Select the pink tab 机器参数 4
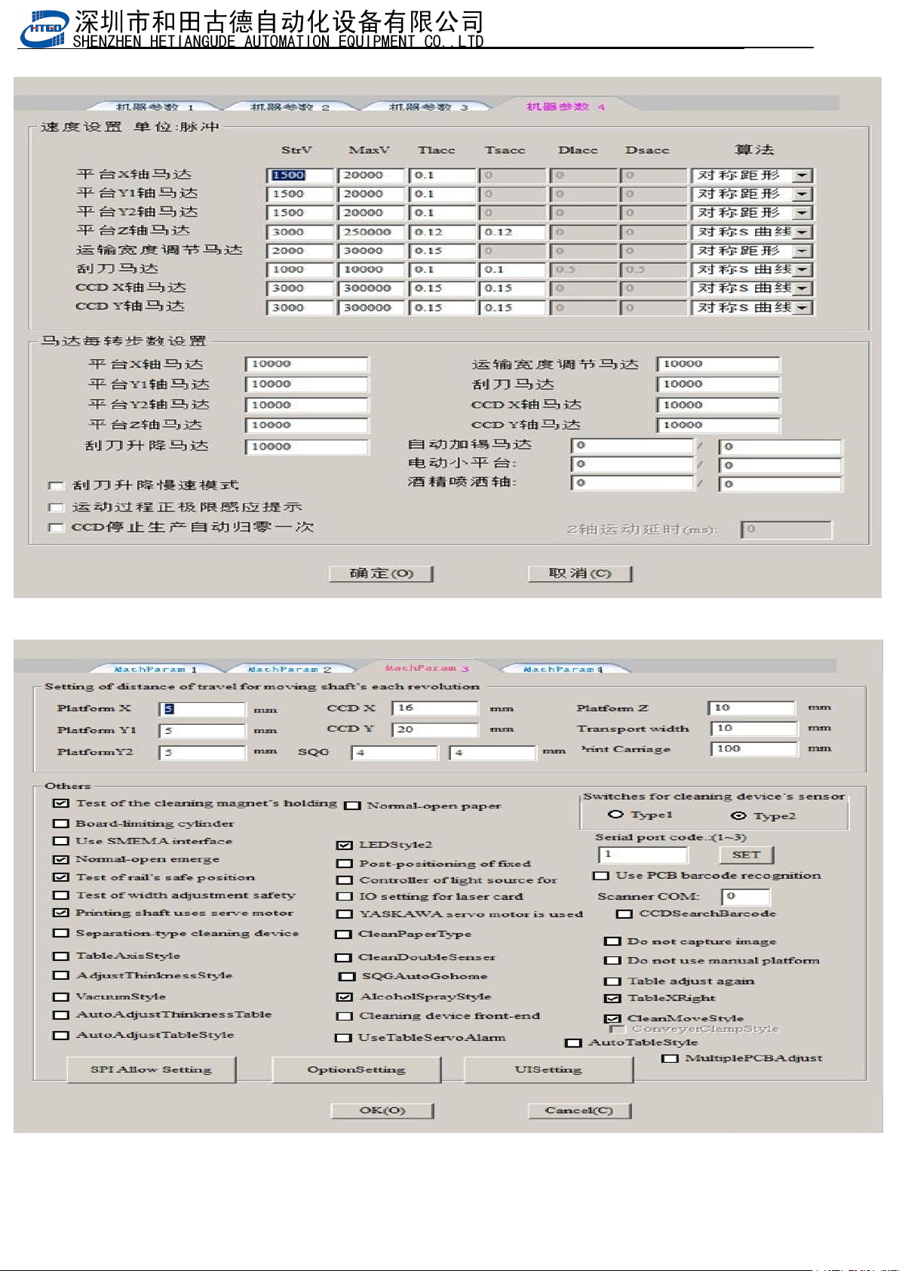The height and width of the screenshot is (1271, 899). [x=565, y=106]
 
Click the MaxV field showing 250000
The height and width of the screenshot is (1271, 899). [x=370, y=232]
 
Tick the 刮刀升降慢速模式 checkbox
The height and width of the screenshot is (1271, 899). [x=56, y=486]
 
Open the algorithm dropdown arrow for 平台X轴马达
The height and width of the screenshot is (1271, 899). [x=802, y=175]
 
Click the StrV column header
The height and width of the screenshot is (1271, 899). [x=296, y=150]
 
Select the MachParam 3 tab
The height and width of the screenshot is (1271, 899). [x=427, y=668]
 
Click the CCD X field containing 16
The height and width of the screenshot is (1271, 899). [x=434, y=708]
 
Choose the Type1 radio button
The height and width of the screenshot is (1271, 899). [x=616, y=815]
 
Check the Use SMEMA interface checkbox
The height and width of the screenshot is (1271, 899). [x=61, y=841]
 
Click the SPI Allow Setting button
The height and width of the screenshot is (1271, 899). [x=151, y=1070]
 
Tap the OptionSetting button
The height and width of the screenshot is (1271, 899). [x=356, y=1070]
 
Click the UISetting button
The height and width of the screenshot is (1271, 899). [x=548, y=1070]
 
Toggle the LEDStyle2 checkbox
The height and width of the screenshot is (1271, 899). [x=345, y=846]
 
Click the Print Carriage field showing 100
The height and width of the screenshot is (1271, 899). [x=753, y=749]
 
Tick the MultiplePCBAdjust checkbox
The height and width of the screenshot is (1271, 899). [x=669, y=1059]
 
